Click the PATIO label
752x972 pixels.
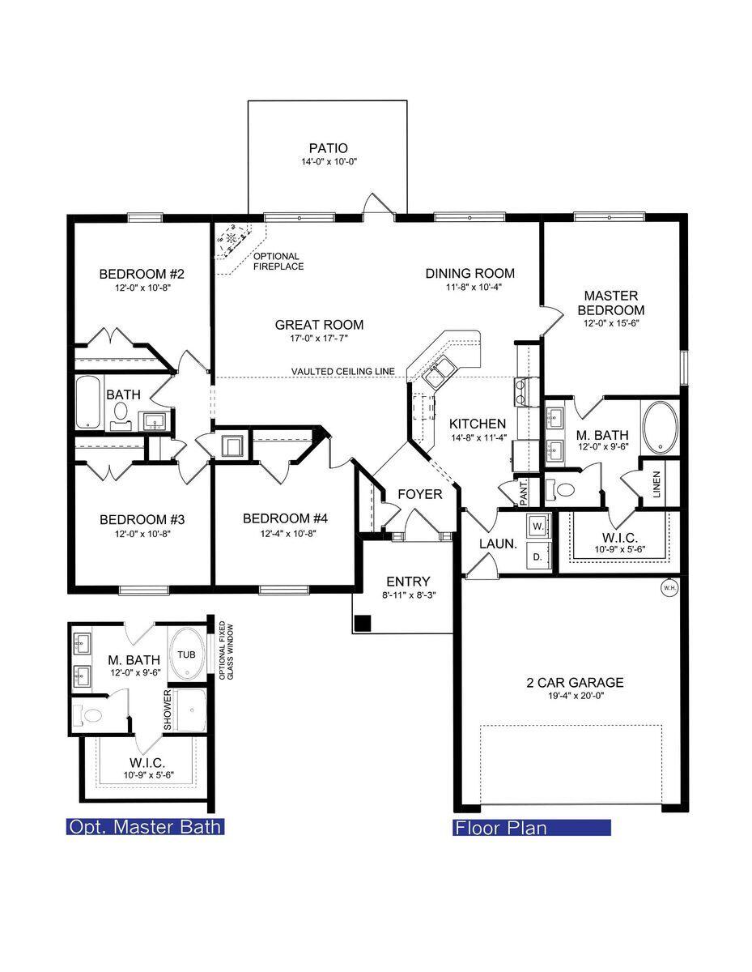point(328,148)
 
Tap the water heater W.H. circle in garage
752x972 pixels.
point(669,588)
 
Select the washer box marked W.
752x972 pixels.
point(537,526)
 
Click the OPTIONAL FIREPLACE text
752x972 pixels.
point(278,261)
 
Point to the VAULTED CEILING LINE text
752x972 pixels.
point(343,372)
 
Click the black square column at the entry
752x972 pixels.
point(363,623)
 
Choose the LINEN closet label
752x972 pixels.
point(656,484)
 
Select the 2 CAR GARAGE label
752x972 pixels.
point(574,683)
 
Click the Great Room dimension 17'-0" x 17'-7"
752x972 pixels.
point(319,340)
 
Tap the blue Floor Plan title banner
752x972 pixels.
point(531,827)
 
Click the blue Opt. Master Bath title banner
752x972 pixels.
point(145,827)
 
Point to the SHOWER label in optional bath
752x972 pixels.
point(168,710)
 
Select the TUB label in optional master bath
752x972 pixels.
point(187,654)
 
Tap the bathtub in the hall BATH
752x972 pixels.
point(88,403)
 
